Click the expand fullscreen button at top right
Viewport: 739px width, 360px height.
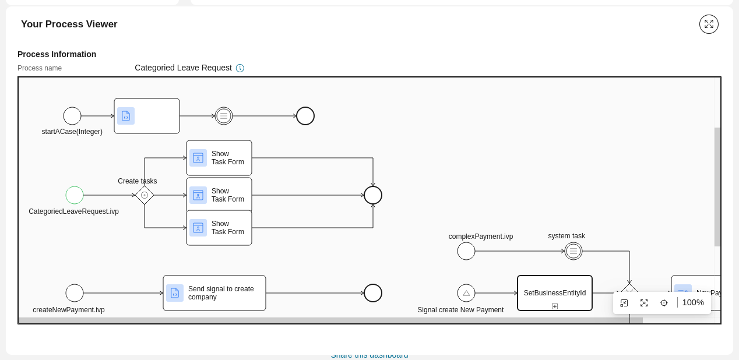(x=709, y=24)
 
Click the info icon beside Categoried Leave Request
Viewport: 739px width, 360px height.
(x=240, y=68)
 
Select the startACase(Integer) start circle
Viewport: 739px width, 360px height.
(x=72, y=116)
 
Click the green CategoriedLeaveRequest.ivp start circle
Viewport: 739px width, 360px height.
(x=75, y=195)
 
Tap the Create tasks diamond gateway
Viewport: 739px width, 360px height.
(x=145, y=195)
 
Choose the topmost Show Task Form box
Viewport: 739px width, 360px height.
(x=219, y=158)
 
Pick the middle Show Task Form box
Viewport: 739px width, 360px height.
(x=219, y=195)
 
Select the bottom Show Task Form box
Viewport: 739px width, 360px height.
(x=219, y=228)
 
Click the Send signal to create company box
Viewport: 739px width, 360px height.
(x=214, y=293)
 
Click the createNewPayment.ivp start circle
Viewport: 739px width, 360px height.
(x=75, y=293)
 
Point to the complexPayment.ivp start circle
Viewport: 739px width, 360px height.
(x=466, y=251)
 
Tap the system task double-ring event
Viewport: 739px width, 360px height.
(x=573, y=251)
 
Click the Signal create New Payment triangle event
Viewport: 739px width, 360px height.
(x=466, y=293)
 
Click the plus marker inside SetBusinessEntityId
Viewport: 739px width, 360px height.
(x=555, y=306)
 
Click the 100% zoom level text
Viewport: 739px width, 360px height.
(x=693, y=302)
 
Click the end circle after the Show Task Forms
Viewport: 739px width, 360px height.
(x=373, y=195)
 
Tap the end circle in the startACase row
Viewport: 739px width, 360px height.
(x=305, y=116)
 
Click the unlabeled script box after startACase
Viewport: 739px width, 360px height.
(x=147, y=116)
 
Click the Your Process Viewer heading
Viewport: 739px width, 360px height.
(x=69, y=24)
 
